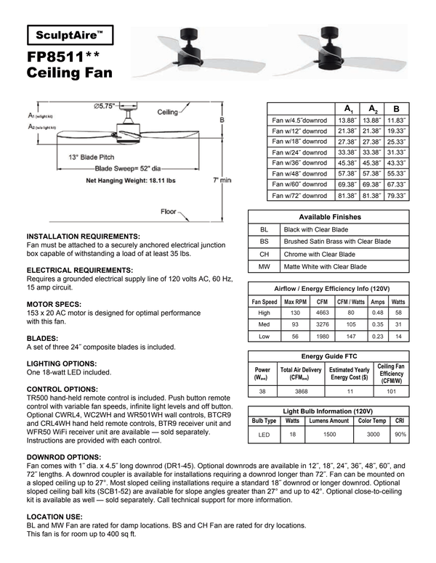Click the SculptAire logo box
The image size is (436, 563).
tap(70, 34)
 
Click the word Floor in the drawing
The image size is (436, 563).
tap(169, 212)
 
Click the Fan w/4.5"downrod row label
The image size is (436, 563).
tap(299, 120)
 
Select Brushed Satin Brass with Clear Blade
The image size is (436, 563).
tap(336, 242)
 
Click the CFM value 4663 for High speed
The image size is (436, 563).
tap(322, 313)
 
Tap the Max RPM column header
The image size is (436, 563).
tap(295, 302)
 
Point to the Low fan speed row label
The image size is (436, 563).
tap(264, 337)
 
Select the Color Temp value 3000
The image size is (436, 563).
tap(373, 435)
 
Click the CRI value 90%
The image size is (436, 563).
tap(399, 435)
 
